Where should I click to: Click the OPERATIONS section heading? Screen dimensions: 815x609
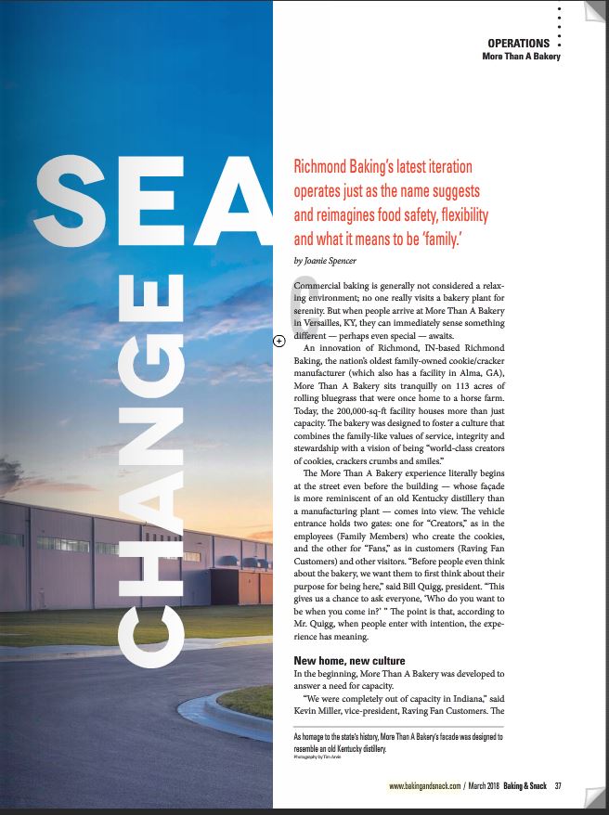tap(518, 44)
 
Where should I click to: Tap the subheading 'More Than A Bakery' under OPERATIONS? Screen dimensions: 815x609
tap(521, 57)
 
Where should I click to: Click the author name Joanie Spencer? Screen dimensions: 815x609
tap(324, 261)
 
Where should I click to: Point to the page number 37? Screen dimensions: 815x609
tap(558, 787)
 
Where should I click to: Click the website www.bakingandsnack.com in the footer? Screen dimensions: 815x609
tap(426, 787)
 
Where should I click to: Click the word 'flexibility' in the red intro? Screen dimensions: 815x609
tap(456, 215)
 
